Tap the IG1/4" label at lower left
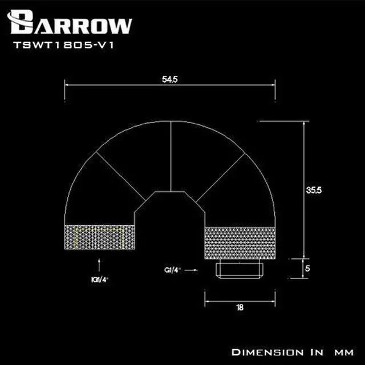click(x=100, y=279)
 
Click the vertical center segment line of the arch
click(x=172, y=157)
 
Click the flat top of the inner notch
click(x=172, y=192)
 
